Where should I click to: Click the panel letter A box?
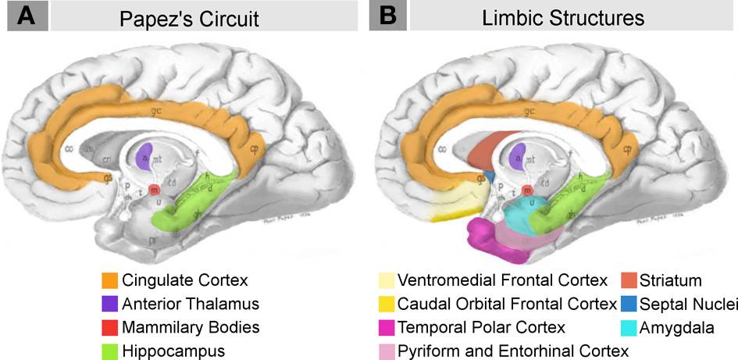(27, 16)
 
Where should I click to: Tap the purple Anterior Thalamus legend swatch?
(109, 303)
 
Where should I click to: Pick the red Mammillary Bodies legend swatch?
(109, 326)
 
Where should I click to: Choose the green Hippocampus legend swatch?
(109, 350)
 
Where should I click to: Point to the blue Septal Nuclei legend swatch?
(629, 303)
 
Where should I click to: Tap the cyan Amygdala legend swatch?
(629, 326)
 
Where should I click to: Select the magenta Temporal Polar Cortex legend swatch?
(387, 326)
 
